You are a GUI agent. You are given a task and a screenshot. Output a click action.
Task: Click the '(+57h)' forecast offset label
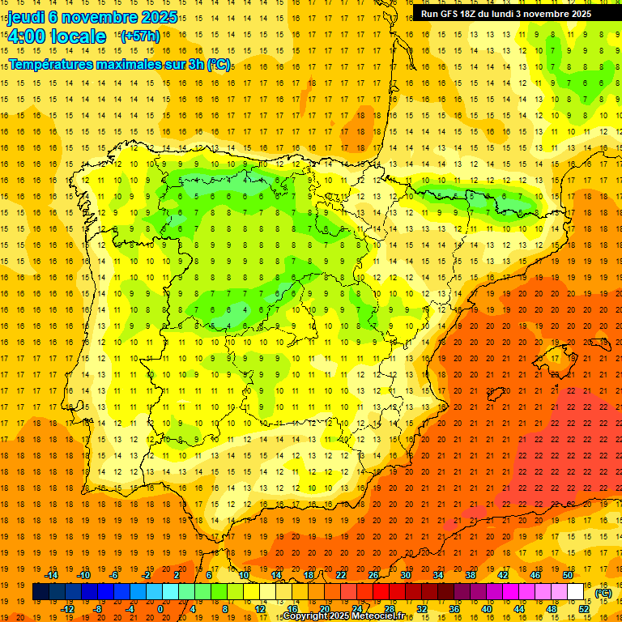[x=139, y=36]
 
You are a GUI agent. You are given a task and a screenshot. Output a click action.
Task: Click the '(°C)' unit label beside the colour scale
[x=603, y=593]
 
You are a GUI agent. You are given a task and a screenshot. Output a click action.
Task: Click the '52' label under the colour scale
[x=584, y=608]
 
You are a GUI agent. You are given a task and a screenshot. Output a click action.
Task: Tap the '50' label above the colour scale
[x=568, y=574]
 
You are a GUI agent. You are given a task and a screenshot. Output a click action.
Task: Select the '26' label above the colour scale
[x=373, y=574]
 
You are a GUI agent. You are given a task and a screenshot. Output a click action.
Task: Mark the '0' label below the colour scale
[x=161, y=608]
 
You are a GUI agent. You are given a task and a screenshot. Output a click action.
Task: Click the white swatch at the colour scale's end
[x=576, y=592]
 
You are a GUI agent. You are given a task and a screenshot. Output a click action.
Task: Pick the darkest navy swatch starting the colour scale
[x=40, y=592]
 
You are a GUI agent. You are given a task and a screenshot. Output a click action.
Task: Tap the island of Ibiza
[x=495, y=394]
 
